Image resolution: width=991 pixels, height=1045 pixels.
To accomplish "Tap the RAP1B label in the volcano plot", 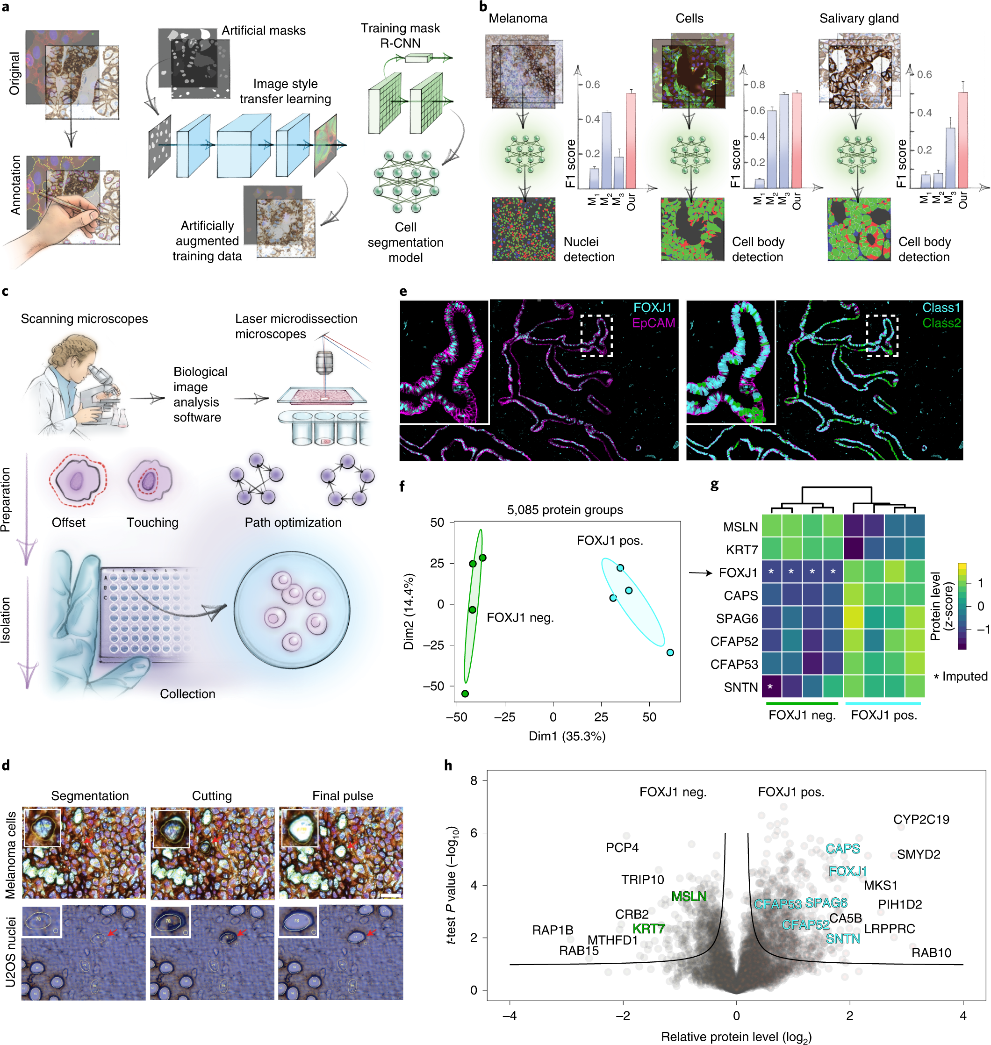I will (x=552, y=930).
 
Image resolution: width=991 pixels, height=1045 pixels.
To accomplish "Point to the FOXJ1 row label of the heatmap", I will (x=738, y=573).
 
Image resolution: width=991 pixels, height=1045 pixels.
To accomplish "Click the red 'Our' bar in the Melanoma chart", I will (x=630, y=141).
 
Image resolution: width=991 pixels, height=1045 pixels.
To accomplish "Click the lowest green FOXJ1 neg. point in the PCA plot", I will (x=465, y=694).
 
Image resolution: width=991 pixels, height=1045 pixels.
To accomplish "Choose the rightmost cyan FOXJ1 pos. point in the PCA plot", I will (x=670, y=652).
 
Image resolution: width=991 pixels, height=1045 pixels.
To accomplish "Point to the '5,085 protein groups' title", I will (x=565, y=509).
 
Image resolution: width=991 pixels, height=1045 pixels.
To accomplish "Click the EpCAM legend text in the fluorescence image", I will (x=653, y=322).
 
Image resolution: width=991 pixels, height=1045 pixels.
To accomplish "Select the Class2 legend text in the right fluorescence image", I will (x=941, y=322).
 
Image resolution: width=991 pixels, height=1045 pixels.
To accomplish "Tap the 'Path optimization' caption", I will (x=293, y=522).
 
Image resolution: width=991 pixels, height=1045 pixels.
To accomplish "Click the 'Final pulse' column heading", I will (x=342, y=795).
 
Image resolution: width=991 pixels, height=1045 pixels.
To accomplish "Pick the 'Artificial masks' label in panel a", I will (x=263, y=31).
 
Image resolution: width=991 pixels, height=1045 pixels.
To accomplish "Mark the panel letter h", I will (x=448, y=765).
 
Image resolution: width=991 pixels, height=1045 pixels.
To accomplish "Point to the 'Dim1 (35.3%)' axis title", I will (x=567, y=736).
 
